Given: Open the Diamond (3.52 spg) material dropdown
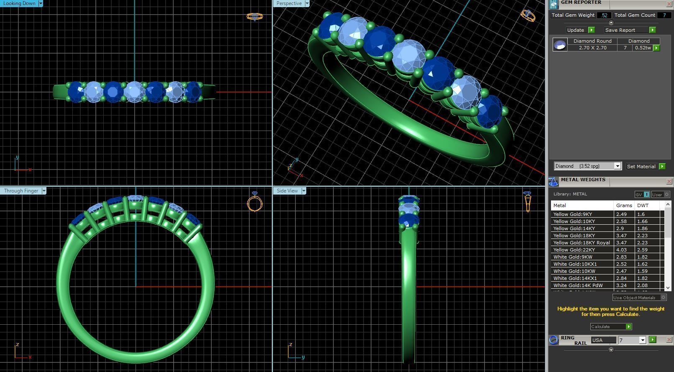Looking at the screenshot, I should click(x=617, y=166).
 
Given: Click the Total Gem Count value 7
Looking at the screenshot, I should click(x=664, y=15).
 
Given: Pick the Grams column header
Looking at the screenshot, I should click(x=624, y=205).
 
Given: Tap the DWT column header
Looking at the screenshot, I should click(x=643, y=205).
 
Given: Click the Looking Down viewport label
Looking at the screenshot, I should click(x=19, y=3).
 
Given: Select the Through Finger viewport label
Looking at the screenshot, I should click(x=21, y=191).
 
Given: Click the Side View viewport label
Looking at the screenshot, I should click(x=287, y=191).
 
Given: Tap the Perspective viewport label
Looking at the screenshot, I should click(x=289, y=3).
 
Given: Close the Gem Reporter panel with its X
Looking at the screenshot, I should click(x=669, y=4).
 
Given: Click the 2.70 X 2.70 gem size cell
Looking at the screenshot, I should click(x=592, y=48).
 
